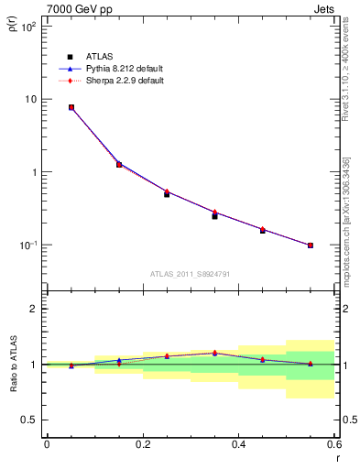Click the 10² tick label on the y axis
(28, 27)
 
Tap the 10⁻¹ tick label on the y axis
(28, 245)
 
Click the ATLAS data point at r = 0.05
(71, 107)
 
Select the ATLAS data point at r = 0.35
(214, 216)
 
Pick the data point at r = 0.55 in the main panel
(311, 245)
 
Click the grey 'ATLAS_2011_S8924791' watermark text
(190, 274)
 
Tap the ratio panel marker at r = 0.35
(214, 353)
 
